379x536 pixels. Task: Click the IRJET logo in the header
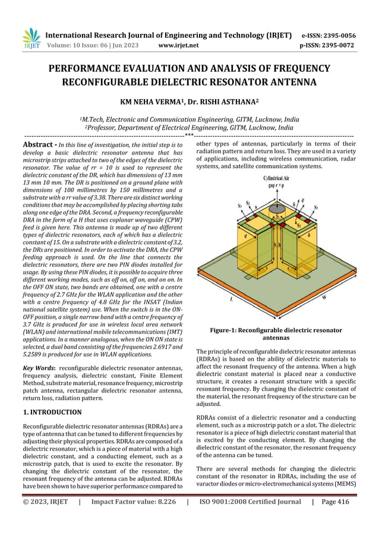click(x=31, y=39)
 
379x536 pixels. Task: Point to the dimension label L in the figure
click(x=231, y=299)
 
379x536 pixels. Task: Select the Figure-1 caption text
click(x=276, y=333)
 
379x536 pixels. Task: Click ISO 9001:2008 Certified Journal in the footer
click(x=250, y=518)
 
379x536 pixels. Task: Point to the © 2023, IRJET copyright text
click(x=44, y=518)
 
